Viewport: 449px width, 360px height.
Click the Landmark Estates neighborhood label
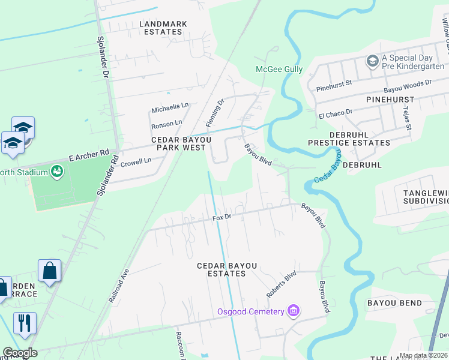(x=163, y=28)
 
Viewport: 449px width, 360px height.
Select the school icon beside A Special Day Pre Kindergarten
(x=372, y=61)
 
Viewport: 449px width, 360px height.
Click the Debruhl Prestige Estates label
(x=349, y=139)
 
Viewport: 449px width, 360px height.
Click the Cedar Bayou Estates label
(x=221, y=269)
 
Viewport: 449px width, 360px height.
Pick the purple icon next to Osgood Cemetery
(x=294, y=311)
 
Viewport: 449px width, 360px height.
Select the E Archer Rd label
(x=89, y=156)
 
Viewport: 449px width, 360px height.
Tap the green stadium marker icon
(x=57, y=172)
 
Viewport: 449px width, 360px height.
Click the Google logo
(x=20, y=353)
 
